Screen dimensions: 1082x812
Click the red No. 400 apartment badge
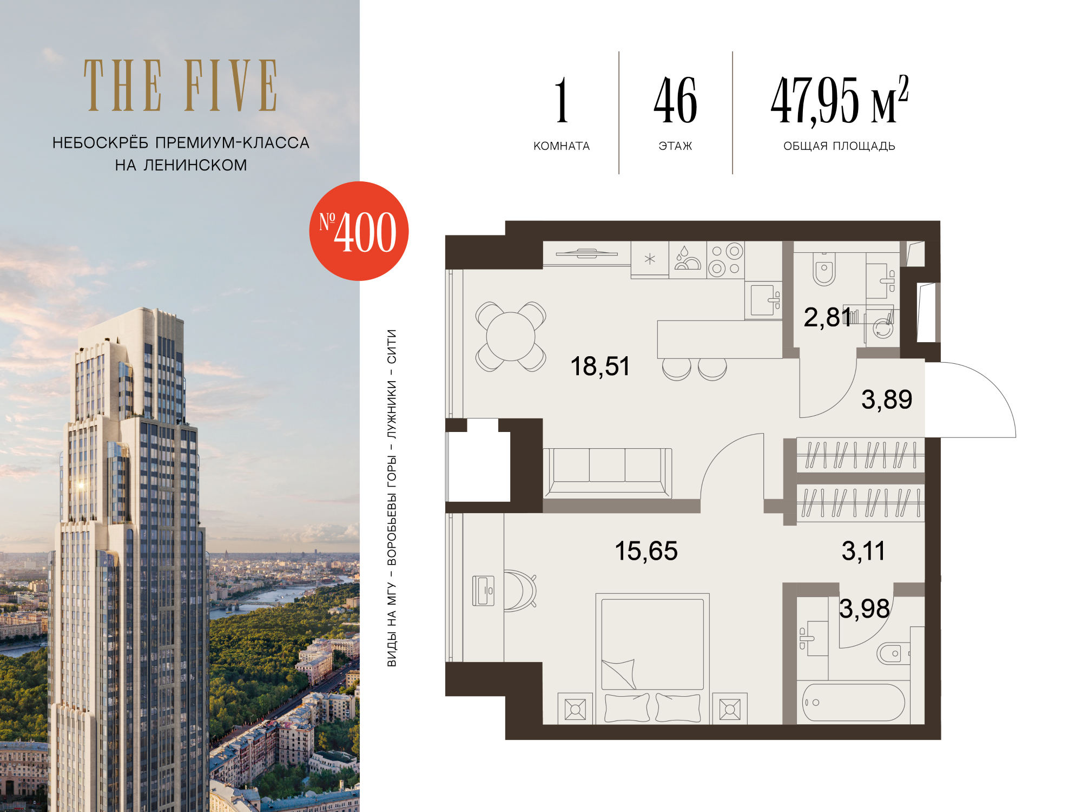tap(359, 231)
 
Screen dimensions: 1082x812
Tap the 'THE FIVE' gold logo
tap(181, 86)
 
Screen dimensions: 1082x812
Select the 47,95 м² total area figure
tap(839, 100)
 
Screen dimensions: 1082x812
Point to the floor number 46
tap(675, 100)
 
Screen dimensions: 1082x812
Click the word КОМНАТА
tap(562, 146)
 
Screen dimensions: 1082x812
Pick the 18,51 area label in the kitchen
tap(600, 366)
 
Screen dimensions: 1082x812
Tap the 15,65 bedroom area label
tap(646, 551)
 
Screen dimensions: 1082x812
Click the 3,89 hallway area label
tap(887, 400)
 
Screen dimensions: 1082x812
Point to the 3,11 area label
tap(863, 551)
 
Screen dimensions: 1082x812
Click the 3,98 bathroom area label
tap(865, 609)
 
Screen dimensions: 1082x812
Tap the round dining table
tap(511, 337)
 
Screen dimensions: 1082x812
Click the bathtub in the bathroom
tap(853, 702)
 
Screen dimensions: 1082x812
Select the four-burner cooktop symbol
tap(725, 260)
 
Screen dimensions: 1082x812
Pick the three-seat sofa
tap(608, 473)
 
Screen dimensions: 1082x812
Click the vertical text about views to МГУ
tap(392, 498)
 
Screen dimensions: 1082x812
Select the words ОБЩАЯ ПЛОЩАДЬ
tap(839, 146)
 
